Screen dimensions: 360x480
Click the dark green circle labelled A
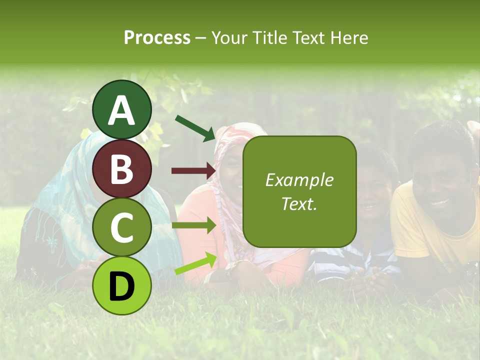pos(122,110)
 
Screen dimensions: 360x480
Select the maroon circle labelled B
pos(122,169)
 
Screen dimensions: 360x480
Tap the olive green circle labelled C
pos(122,227)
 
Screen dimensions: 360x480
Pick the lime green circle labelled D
pos(122,285)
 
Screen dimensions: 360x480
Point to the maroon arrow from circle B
pos(194,170)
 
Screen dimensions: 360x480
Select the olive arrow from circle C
pos(194,225)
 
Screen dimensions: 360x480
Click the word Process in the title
pos(157,37)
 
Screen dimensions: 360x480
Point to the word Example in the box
pos(299,180)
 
